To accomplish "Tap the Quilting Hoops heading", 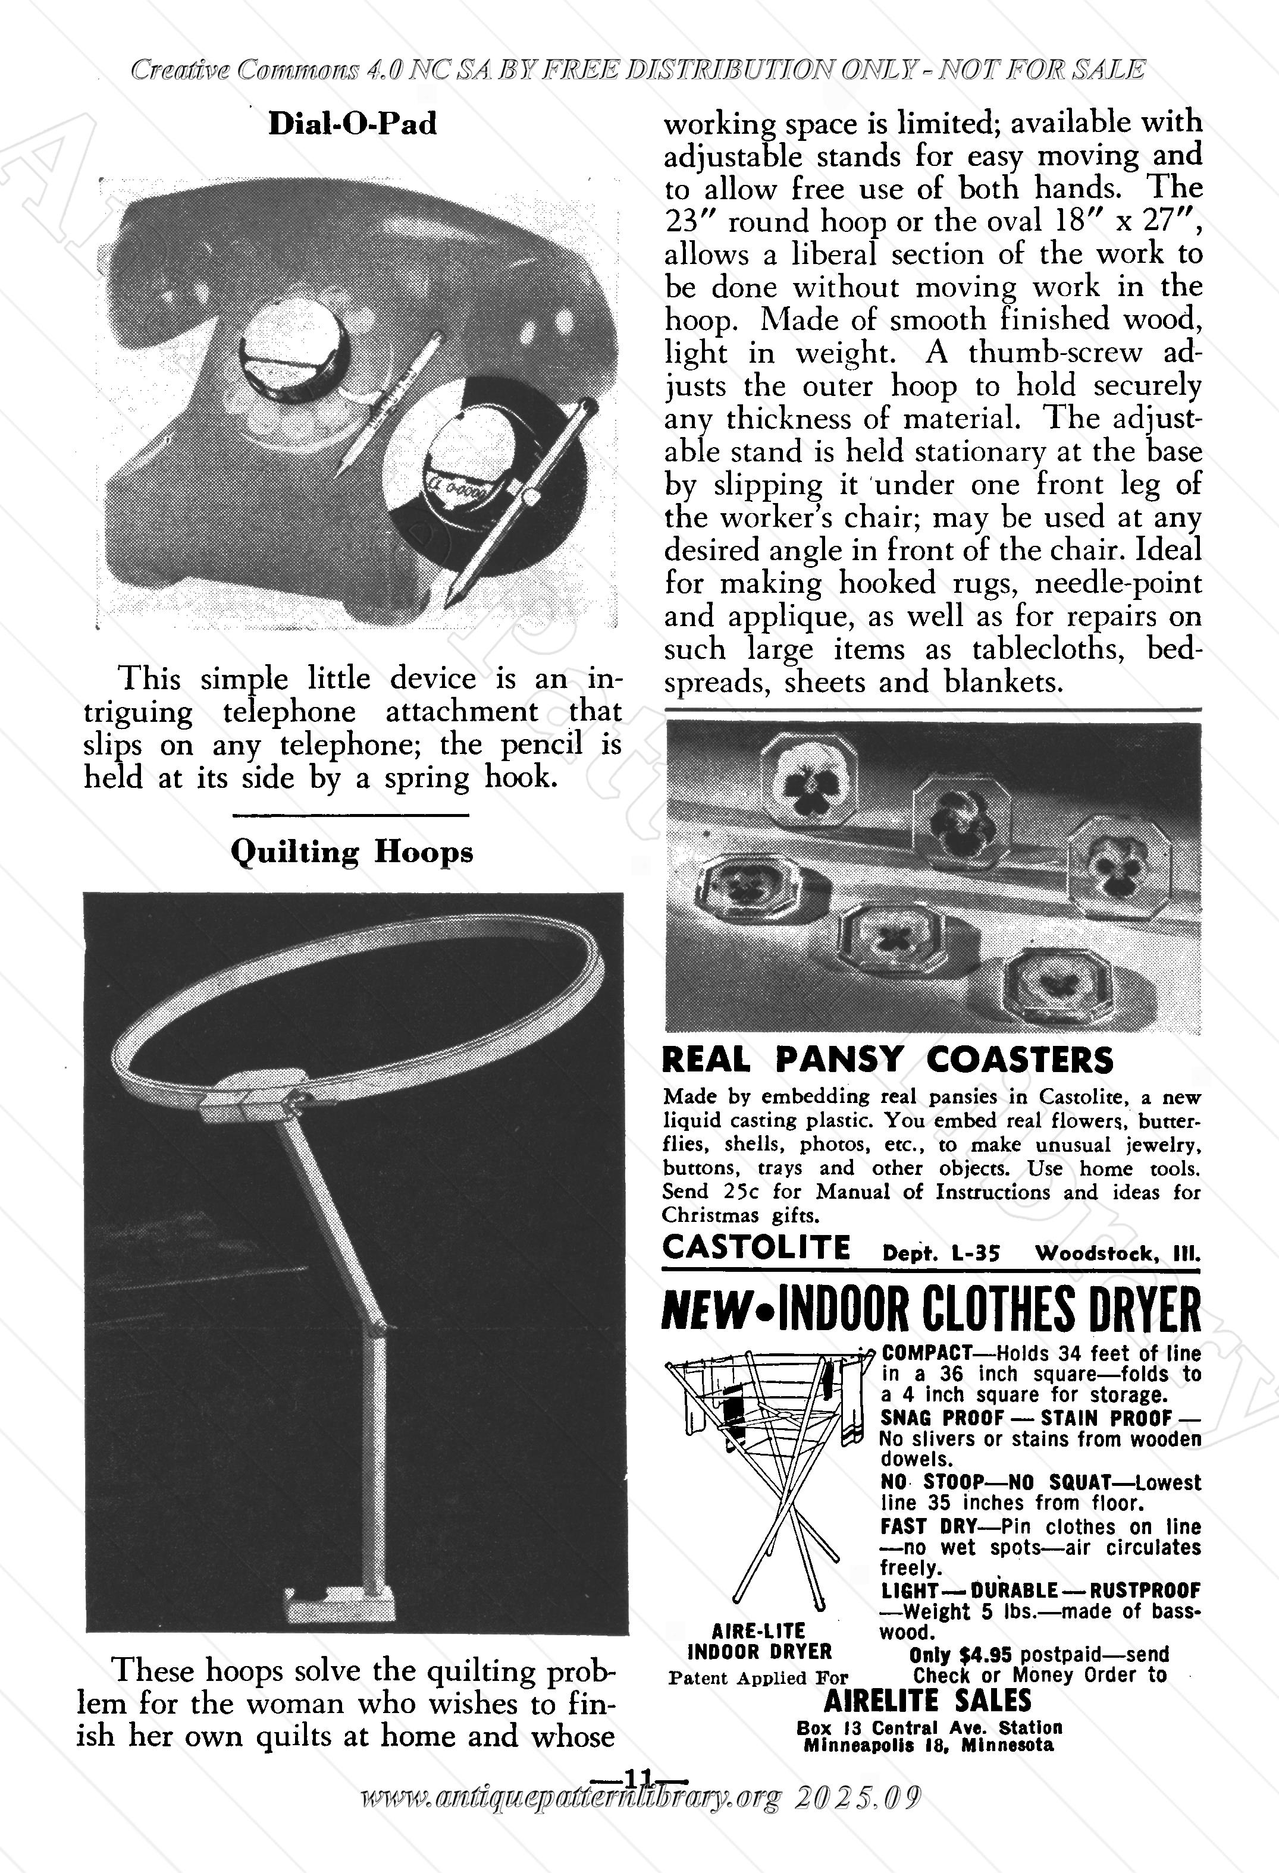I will pyautogui.click(x=352, y=852).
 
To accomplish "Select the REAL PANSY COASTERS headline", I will pyautogui.click(x=887, y=1059).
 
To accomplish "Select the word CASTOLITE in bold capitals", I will pyautogui.click(x=756, y=1247).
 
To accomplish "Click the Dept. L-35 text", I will pyautogui.click(x=941, y=1253).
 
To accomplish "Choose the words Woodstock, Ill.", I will pyautogui.click(x=1118, y=1253).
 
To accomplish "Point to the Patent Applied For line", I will pyautogui.click(x=758, y=1678).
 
